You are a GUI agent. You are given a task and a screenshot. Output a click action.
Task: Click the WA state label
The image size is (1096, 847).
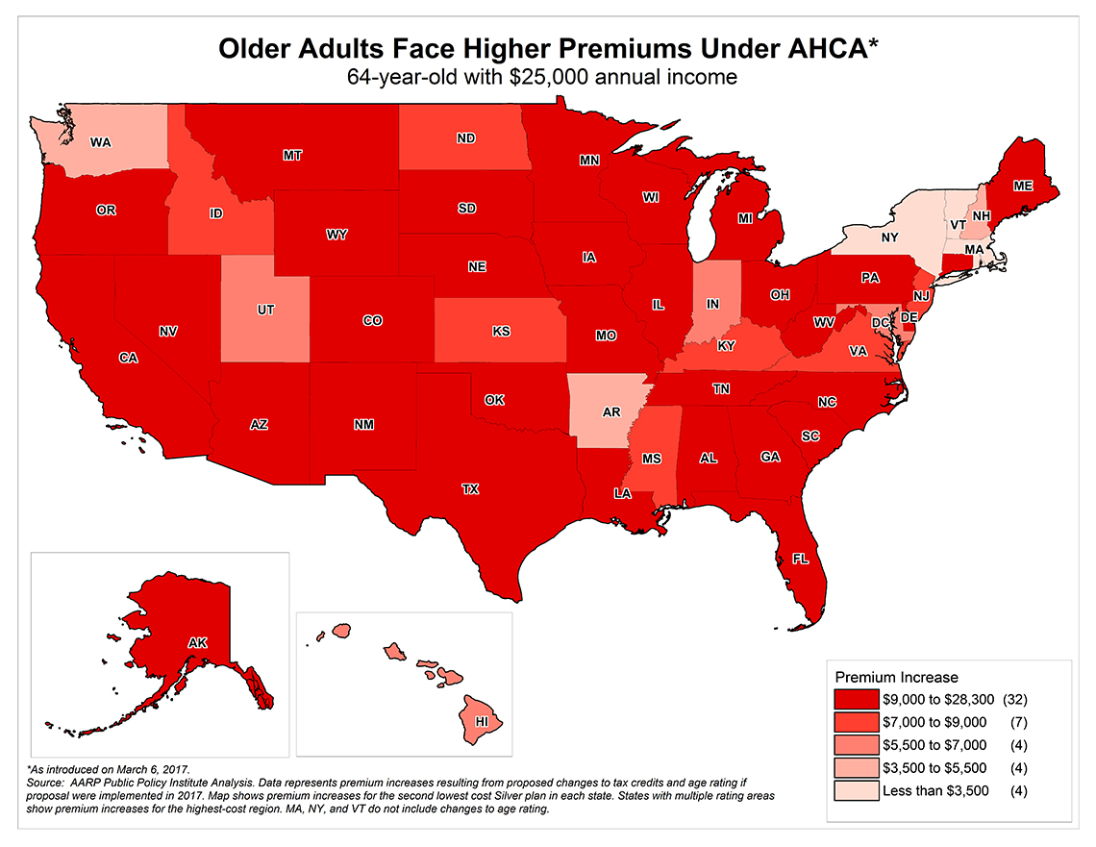pyautogui.click(x=101, y=142)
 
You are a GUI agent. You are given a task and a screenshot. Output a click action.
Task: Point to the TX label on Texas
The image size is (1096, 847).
pyautogui.click(x=469, y=489)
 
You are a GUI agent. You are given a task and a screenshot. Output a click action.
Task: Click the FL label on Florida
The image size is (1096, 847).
pyautogui.click(x=800, y=558)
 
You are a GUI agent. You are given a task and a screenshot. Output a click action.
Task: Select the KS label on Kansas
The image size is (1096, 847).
pyautogui.click(x=501, y=332)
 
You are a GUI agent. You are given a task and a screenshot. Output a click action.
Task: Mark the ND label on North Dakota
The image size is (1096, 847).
pyautogui.click(x=466, y=138)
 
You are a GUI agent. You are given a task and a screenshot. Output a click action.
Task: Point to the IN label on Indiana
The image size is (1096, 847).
pyautogui.click(x=712, y=304)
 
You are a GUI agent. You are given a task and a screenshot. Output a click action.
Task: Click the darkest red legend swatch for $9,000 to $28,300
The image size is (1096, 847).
pyautogui.click(x=855, y=699)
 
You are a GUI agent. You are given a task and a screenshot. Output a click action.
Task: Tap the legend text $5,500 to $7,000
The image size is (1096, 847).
pyautogui.click(x=934, y=746)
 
